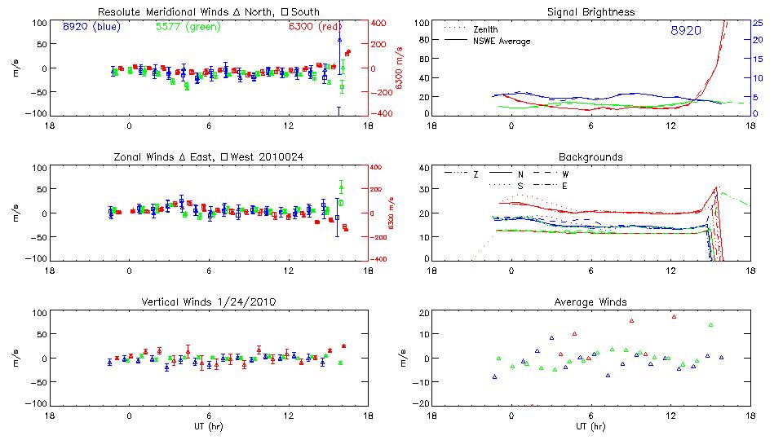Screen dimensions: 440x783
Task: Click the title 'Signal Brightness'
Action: coord(592,12)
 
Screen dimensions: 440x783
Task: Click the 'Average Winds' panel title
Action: coord(592,302)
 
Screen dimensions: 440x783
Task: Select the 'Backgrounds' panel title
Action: coord(591,156)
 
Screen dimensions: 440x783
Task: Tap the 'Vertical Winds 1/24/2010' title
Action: coord(208,302)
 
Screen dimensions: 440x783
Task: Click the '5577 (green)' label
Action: coord(187,27)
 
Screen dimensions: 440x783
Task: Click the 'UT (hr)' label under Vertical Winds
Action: coord(208,426)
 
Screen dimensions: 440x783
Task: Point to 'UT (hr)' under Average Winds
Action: coord(591,426)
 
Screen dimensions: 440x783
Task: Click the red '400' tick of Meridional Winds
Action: coord(381,23)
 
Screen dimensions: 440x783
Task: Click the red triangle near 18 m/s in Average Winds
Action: coord(674,316)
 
